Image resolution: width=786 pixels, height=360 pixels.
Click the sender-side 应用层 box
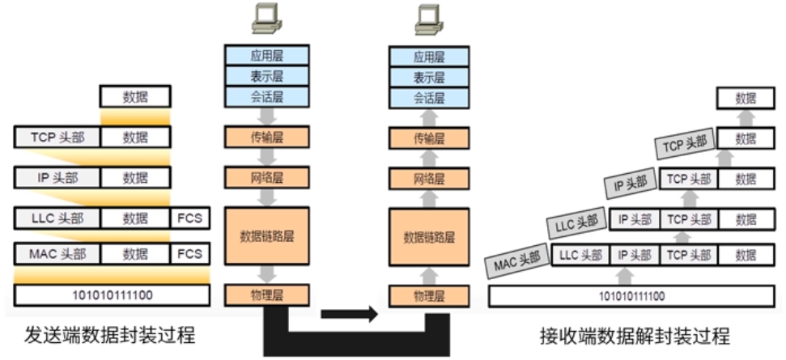click(267, 56)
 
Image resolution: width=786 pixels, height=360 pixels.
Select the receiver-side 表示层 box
click(429, 78)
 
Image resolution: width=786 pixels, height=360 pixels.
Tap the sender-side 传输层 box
click(267, 138)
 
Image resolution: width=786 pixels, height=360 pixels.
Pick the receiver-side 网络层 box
click(429, 178)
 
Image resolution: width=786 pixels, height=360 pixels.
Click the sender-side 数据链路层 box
click(267, 236)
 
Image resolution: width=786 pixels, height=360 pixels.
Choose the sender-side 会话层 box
click(267, 99)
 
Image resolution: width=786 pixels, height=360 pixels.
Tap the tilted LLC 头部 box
click(576, 223)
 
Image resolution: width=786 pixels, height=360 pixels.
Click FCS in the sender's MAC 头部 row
click(189, 255)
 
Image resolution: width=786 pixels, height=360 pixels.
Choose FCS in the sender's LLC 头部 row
click(189, 218)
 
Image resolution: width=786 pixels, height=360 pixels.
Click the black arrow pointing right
click(349, 312)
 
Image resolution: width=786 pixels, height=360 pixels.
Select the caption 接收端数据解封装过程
click(635, 335)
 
